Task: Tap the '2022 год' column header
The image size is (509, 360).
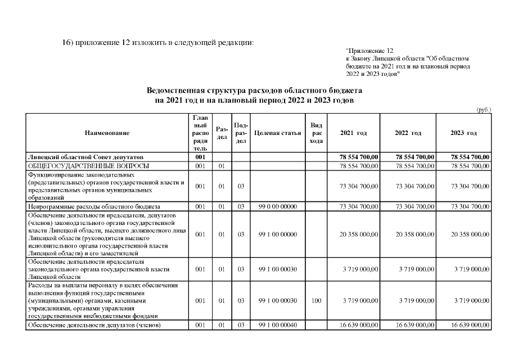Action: point(408,133)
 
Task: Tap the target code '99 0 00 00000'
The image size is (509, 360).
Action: point(277,207)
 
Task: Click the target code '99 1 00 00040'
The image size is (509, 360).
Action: point(277,326)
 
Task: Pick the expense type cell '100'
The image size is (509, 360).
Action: point(316,301)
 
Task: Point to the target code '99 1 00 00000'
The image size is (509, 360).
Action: point(277,234)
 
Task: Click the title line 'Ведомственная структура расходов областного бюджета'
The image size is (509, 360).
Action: point(254,90)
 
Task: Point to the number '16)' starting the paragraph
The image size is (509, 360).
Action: point(68,43)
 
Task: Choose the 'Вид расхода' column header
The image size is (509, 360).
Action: point(316,133)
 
